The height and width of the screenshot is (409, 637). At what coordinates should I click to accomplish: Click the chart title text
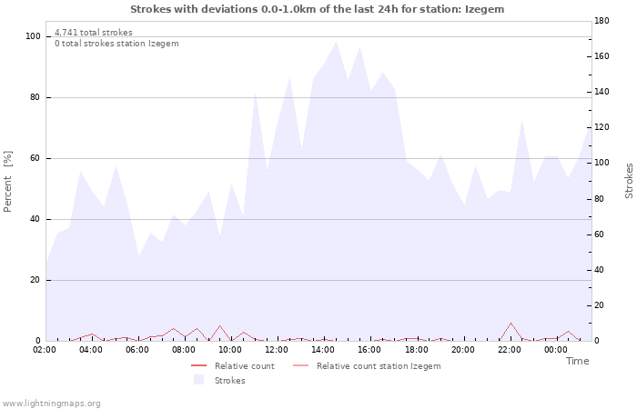(x=317, y=9)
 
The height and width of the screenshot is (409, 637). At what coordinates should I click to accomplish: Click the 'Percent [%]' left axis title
(x=9, y=181)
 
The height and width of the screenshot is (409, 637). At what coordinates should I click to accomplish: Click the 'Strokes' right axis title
(x=629, y=181)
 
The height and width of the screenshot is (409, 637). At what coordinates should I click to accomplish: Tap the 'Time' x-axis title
(x=577, y=361)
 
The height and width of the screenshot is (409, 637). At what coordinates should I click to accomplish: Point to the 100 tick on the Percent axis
(x=34, y=36)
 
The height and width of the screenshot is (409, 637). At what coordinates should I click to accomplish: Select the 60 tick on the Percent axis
(x=36, y=158)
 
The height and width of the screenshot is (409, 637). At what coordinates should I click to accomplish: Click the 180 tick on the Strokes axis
(x=602, y=20)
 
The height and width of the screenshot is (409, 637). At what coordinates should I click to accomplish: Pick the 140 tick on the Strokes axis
(x=602, y=92)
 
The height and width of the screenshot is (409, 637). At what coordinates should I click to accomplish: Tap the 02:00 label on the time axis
(x=45, y=349)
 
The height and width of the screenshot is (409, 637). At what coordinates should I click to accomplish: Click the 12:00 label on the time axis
(x=277, y=349)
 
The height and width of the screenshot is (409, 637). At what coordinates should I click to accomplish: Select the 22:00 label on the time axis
(x=510, y=349)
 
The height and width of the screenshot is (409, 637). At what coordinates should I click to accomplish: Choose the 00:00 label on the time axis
(x=556, y=349)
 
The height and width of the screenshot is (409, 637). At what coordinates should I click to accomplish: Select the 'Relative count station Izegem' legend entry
(x=378, y=366)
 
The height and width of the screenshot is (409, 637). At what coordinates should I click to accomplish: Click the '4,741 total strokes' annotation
(x=93, y=33)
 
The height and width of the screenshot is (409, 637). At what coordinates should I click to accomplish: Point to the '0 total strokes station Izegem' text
(x=116, y=44)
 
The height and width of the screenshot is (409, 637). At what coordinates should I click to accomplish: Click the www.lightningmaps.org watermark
(x=51, y=404)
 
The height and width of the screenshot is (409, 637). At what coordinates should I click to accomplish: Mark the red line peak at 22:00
(x=511, y=324)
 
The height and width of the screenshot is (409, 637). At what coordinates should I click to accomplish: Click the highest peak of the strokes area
(x=336, y=42)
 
